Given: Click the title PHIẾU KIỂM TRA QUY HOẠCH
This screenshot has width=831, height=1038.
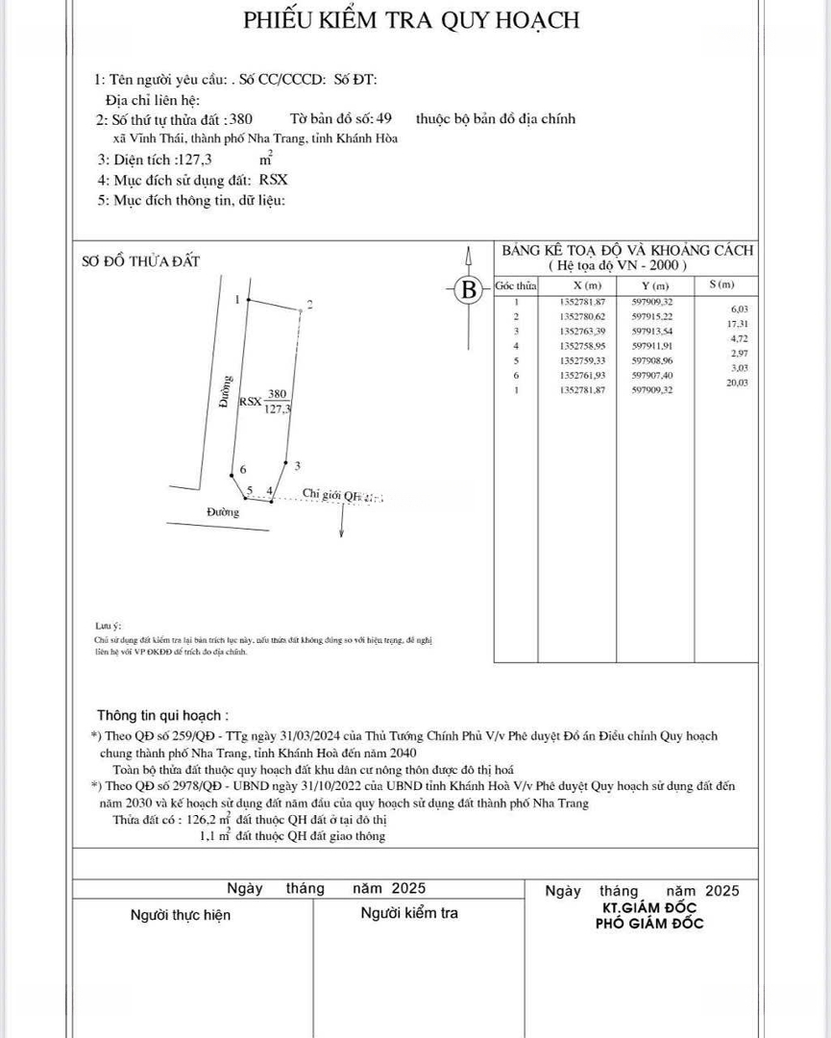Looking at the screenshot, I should (x=411, y=19).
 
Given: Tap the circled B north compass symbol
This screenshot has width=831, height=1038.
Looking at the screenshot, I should (x=469, y=288).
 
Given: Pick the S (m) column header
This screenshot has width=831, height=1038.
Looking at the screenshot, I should (x=721, y=285).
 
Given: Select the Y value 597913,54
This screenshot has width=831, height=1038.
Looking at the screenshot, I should (x=653, y=331).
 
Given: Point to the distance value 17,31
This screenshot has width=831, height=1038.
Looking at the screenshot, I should (x=739, y=324).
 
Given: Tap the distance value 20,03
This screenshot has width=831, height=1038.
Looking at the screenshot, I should (x=738, y=383).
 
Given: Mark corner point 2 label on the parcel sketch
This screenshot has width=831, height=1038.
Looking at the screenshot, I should (x=308, y=306).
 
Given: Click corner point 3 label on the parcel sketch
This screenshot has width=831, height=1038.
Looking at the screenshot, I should (x=298, y=466).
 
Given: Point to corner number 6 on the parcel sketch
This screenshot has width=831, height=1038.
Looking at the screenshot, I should (x=243, y=469).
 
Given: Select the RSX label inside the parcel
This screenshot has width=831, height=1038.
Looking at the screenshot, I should (x=250, y=402).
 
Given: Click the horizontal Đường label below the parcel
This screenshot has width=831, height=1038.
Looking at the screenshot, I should (x=223, y=512).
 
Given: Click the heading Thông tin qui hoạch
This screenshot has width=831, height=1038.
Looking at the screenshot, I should (x=162, y=716).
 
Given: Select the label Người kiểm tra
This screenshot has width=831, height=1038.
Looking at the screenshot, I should (x=409, y=913).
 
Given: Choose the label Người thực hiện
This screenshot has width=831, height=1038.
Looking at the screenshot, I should (x=181, y=915).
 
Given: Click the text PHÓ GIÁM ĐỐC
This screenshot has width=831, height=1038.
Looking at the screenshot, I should (x=649, y=924).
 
